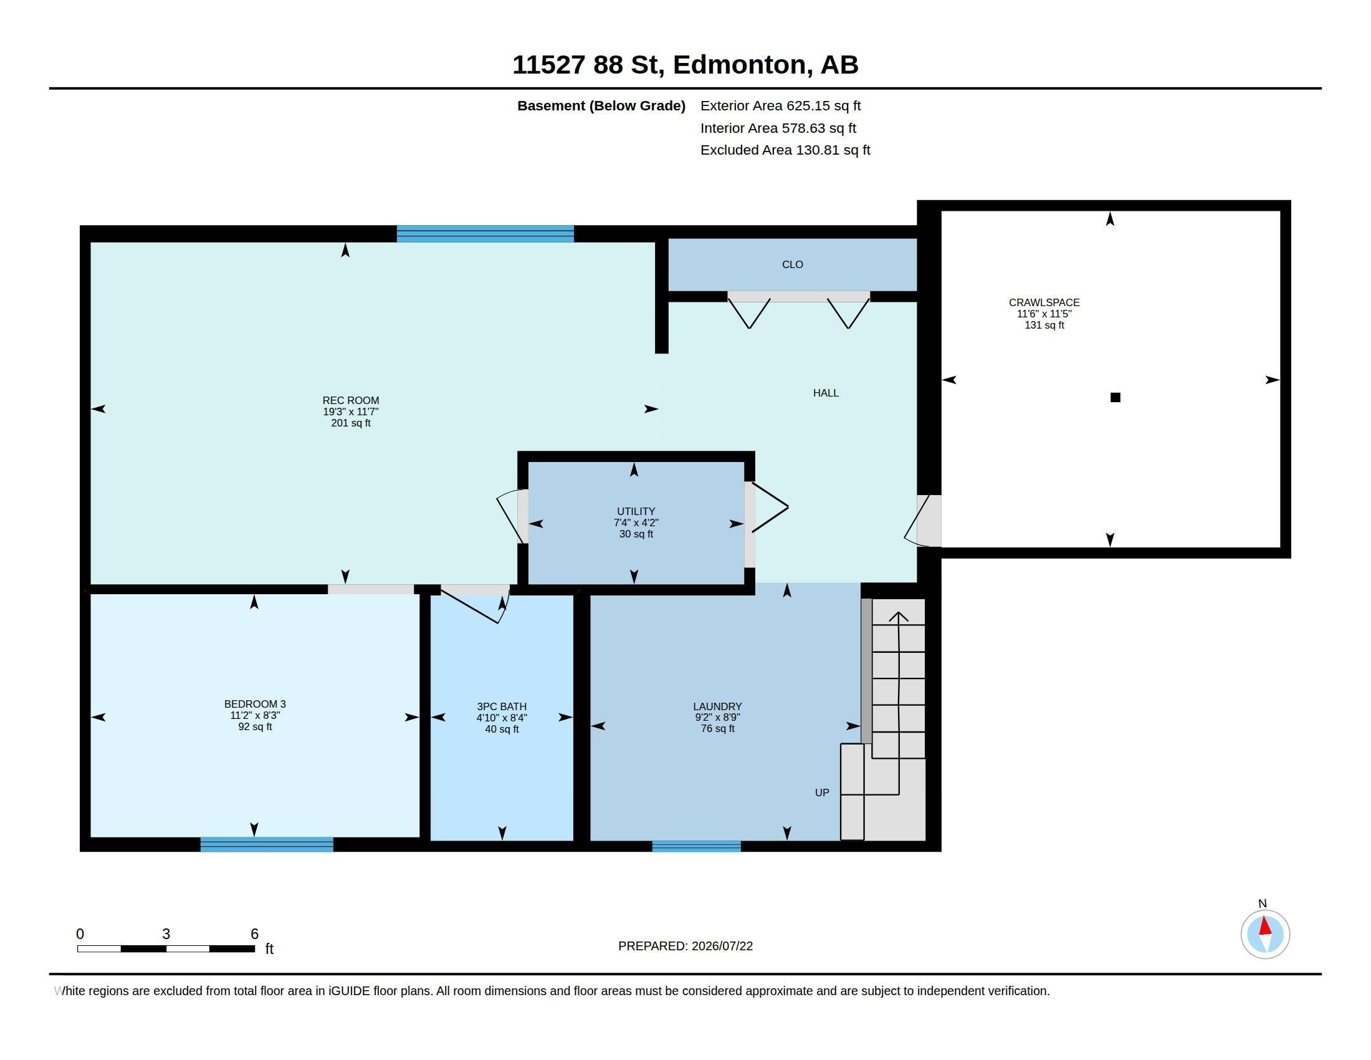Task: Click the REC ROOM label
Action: (x=351, y=400)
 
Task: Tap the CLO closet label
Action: (x=792, y=264)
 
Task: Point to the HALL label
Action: (x=826, y=393)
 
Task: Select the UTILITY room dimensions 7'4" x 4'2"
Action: (x=636, y=523)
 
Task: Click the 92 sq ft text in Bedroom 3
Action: (x=255, y=726)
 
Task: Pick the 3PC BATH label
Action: (x=502, y=706)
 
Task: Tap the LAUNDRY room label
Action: (x=717, y=706)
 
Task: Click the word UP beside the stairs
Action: (x=822, y=793)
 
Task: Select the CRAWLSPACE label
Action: (x=1044, y=302)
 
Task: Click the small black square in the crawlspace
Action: (x=1115, y=397)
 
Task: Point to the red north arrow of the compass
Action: (x=1266, y=926)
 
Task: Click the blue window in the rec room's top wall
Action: (x=485, y=234)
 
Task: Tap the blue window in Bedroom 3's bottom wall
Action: (x=267, y=844)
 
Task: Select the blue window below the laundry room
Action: (x=696, y=846)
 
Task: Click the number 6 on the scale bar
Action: (x=254, y=934)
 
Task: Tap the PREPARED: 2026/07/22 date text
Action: (x=685, y=946)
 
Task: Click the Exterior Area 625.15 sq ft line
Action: (x=780, y=106)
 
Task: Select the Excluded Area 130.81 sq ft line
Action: (x=785, y=150)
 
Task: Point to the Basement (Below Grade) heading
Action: (x=601, y=106)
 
